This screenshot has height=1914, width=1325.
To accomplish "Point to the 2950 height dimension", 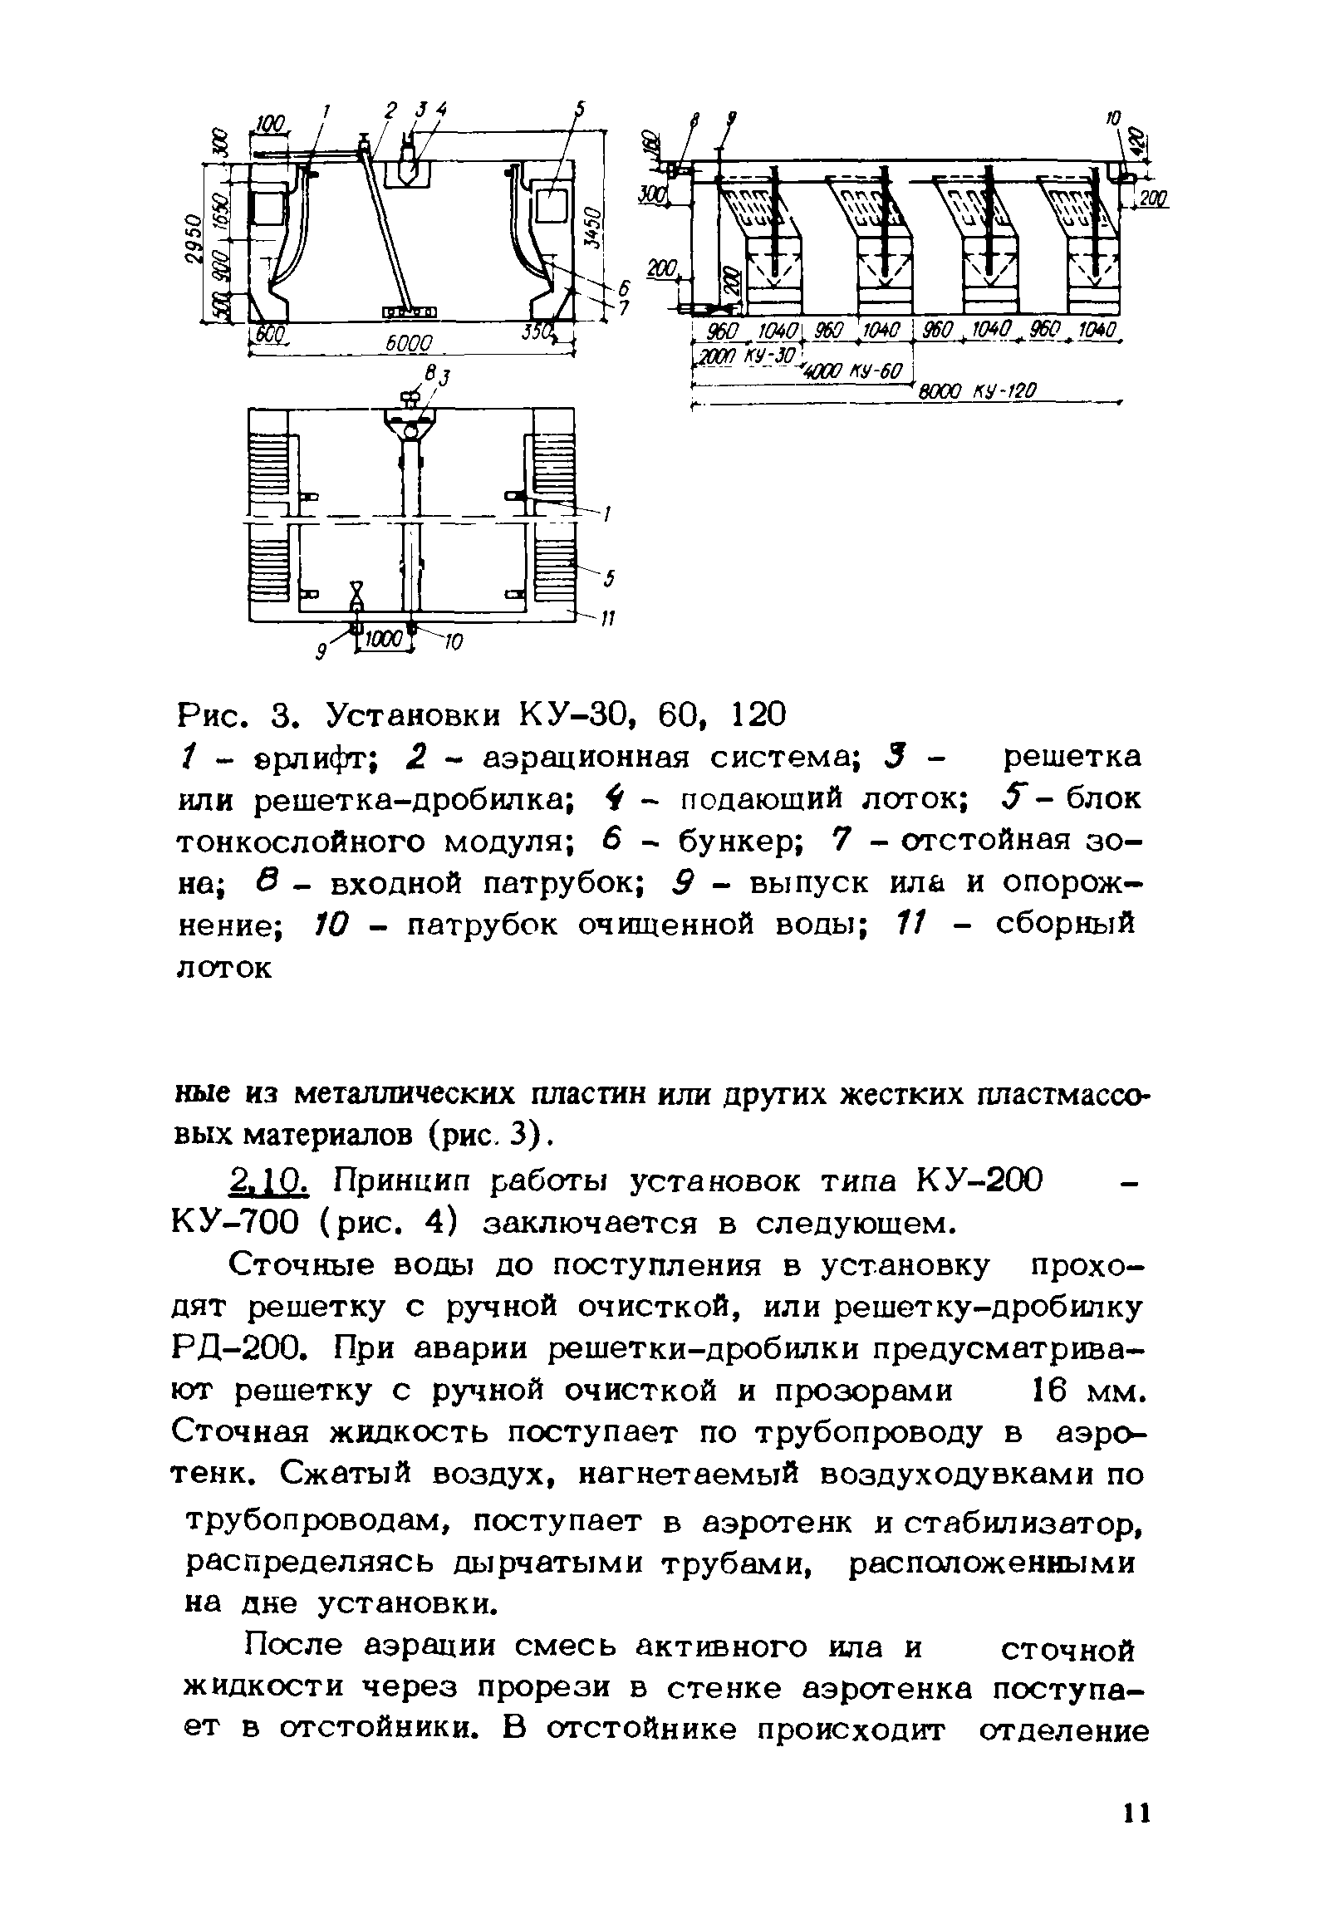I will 192,242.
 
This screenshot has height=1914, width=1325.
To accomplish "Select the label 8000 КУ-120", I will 977,390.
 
